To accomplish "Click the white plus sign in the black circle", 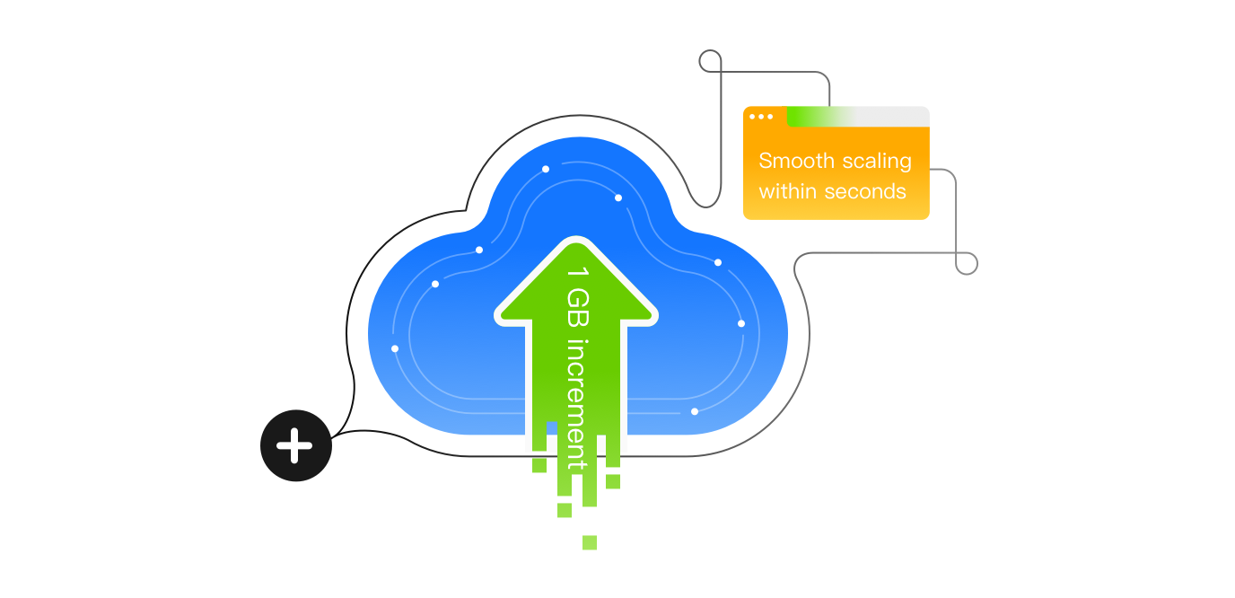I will [x=294, y=445].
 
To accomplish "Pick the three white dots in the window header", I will [x=761, y=117].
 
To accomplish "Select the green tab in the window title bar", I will [x=812, y=117].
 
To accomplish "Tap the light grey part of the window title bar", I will [x=893, y=117].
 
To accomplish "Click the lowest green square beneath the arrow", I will [x=590, y=542].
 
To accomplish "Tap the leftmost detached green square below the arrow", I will [x=539, y=465].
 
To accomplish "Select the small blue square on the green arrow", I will [x=553, y=427].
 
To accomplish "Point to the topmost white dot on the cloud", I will [x=546, y=169].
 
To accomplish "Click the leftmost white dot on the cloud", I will [x=395, y=348].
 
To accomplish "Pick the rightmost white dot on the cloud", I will [x=741, y=323].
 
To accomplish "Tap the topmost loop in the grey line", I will [x=710, y=62].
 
